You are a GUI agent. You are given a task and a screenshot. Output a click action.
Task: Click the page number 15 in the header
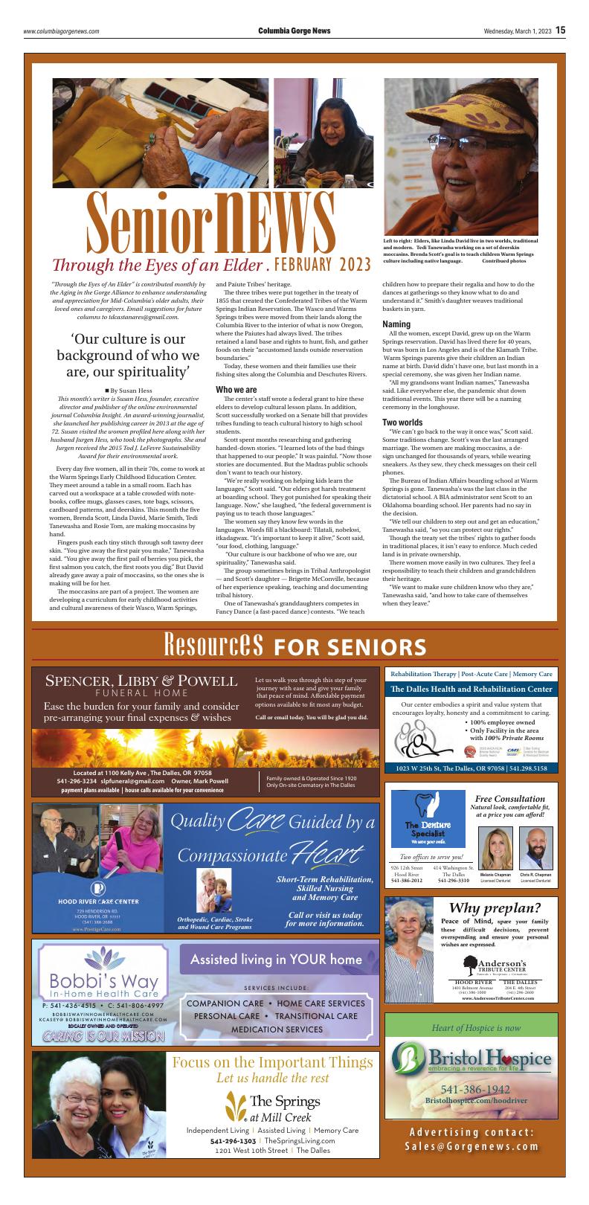coord(560,30)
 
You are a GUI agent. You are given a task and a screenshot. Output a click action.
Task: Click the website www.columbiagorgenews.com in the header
coord(61,31)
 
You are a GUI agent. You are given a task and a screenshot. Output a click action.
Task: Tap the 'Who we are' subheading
coord(236,390)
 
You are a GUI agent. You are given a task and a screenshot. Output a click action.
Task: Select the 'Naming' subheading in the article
coord(396,325)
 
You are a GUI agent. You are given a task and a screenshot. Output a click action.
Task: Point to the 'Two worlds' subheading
coord(402,422)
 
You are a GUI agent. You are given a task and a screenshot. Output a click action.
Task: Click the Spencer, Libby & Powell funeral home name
coord(141,681)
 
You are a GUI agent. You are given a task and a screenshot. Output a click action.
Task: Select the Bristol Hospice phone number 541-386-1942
coord(472,1089)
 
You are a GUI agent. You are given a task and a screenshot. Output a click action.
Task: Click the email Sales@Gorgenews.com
coord(472,1145)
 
